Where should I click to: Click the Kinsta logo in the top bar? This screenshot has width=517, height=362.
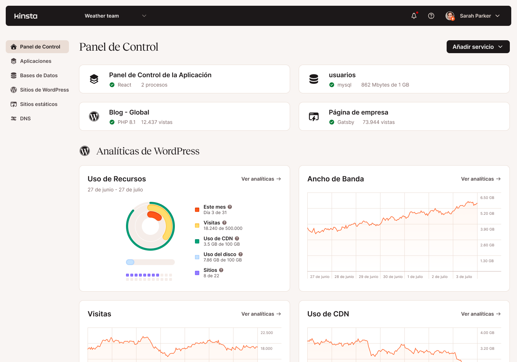click(26, 16)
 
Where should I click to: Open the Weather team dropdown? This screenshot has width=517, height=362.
click(115, 16)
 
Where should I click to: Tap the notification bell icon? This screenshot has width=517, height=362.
click(414, 16)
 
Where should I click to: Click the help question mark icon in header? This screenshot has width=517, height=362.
click(431, 16)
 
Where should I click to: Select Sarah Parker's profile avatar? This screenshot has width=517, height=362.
click(450, 16)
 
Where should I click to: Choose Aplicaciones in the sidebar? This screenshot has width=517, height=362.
click(36, 61)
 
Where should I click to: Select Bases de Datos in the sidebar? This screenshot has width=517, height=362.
click(39, 75)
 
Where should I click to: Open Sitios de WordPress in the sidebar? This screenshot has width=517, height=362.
click(44, 90)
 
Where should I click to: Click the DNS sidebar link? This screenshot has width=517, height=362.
click(25, 119)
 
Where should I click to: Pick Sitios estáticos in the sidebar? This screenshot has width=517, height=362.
click(38, 104)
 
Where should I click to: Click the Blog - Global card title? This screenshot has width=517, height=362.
click(129, 112)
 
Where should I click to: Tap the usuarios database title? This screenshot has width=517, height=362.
click(342, 75)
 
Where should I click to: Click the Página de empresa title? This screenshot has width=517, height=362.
click(358, 112)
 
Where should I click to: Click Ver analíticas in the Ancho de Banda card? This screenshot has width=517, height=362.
click(481, 179)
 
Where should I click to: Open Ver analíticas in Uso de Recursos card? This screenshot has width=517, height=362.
click(261, 179)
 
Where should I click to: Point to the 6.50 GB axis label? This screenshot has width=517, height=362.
click(487, 198)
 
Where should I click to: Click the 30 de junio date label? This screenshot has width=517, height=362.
click(393, 277)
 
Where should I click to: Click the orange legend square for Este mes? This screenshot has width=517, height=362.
click(197, 210)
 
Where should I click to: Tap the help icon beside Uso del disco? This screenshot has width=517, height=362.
click(241, 254)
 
